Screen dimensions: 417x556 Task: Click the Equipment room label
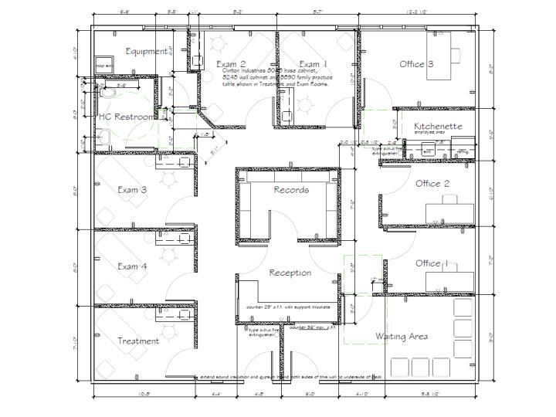point(146,51)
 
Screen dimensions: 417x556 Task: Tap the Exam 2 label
point(231,64)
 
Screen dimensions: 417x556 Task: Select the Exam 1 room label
point(313,64)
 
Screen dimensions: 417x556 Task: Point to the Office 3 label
point(416,64)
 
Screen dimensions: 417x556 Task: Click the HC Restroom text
point(125,117)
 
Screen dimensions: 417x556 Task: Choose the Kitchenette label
point(438,126)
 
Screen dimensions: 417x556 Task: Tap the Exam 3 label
point(132,189)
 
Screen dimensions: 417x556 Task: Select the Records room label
point(291,189)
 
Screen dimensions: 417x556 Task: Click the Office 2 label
point(432,184)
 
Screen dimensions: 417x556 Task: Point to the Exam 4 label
point(132,266)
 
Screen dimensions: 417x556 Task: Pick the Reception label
point(290,273)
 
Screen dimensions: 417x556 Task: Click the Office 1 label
point(432,263)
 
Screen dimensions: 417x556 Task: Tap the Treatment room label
point(138,341)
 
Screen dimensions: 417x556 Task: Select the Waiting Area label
point(402,337)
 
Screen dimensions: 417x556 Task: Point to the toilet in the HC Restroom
point(108,93)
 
